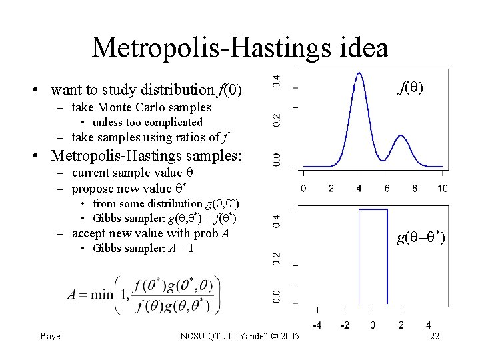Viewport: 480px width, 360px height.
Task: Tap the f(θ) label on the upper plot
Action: coord(411,87)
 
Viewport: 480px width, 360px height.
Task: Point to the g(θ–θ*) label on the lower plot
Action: coord(421,238)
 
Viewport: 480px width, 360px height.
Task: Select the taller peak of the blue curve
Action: coord(359,74)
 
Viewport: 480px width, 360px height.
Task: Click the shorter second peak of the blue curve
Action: coord(401,137)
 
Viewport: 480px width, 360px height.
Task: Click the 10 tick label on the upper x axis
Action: coord(443,189)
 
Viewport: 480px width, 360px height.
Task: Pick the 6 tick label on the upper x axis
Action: coord(387,189)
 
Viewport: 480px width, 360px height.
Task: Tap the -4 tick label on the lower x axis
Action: coord(318,325)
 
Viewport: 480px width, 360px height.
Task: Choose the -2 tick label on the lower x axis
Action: coord(345,325)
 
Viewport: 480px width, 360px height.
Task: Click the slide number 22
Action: coord(435,336)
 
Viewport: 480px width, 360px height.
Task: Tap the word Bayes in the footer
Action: coord(52,336)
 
